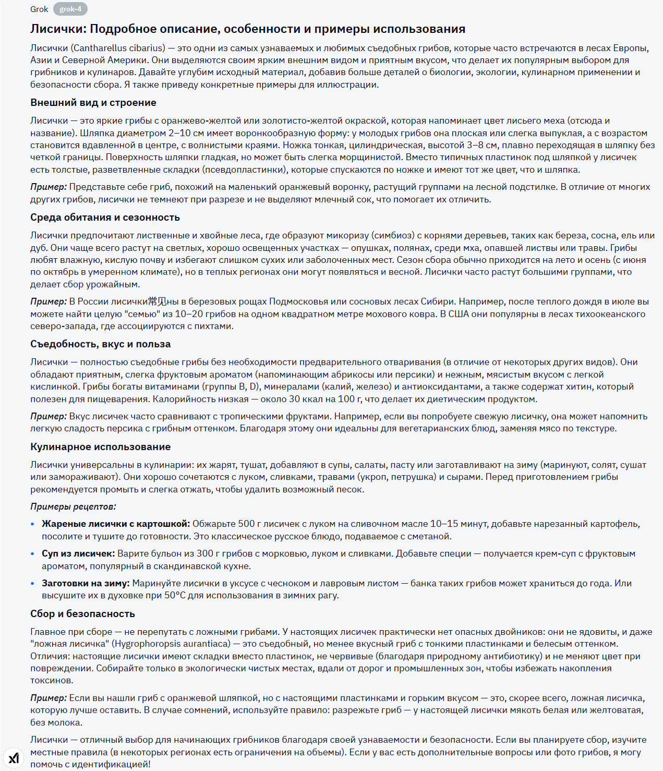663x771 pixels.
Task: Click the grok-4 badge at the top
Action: point(70,9)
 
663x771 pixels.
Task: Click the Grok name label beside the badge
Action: point(39,9)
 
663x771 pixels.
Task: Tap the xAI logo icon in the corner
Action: point(14,757)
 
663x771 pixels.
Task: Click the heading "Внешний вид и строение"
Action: point(93,103)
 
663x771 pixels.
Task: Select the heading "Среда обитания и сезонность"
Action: point(105,218)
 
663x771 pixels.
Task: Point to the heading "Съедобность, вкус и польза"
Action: point(100,344)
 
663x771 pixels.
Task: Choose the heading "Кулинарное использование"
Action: point(100,447)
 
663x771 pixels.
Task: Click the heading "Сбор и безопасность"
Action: point(82,614)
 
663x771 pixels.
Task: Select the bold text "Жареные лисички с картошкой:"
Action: point(116,524)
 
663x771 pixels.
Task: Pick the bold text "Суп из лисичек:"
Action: point(78,553)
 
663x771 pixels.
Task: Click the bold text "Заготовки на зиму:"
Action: point(86,583)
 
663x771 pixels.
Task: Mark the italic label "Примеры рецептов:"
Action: point(73,507)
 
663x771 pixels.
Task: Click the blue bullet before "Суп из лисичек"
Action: point(33,554)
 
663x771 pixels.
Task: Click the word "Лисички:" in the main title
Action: point(58,29)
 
